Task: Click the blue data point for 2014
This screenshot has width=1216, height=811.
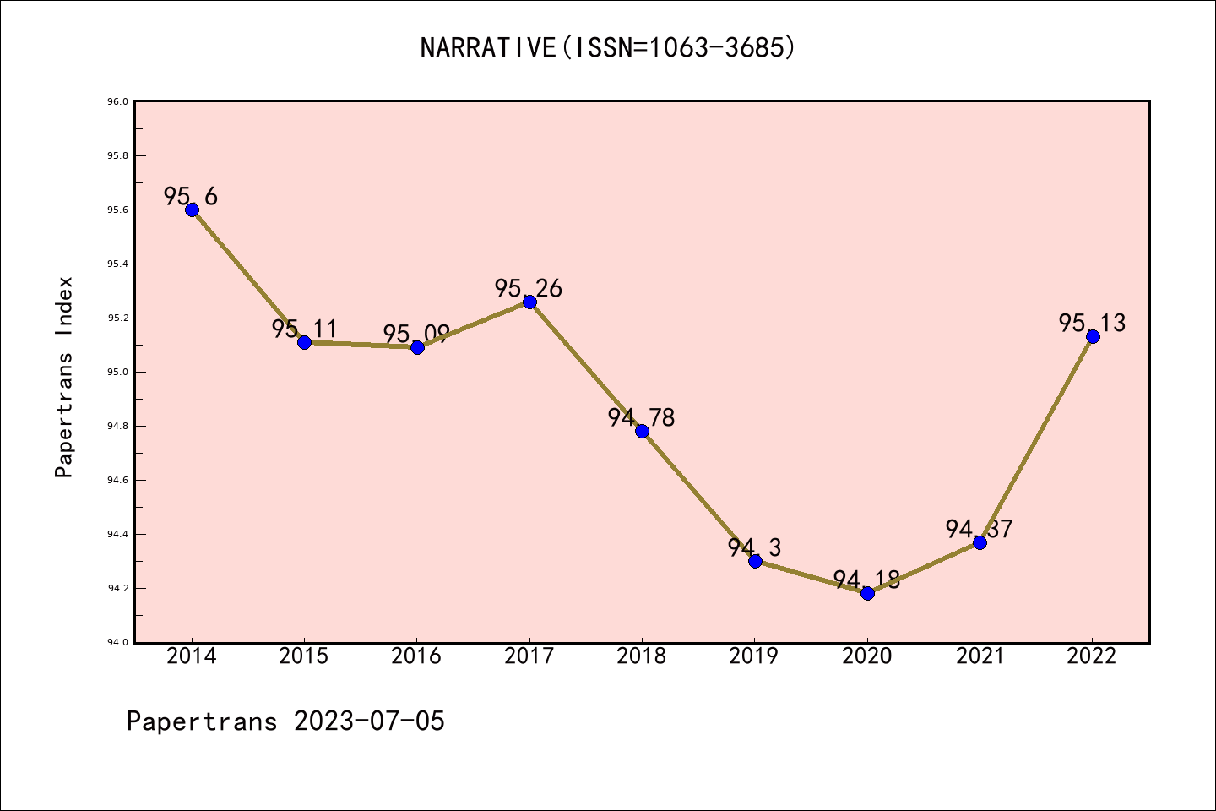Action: (192, 210)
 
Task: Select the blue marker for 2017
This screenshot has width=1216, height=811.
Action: (529, 302)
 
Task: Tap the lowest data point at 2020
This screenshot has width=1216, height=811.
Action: (867, 593)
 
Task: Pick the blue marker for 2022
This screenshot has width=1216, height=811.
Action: (1093, 336)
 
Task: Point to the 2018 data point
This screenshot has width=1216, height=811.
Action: (642, 431)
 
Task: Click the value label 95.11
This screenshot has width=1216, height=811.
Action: (304, 329)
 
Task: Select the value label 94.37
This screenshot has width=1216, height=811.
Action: (979, 529)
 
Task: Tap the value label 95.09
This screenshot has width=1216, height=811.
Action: (416, 334)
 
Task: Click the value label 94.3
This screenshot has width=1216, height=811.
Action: (754, 547)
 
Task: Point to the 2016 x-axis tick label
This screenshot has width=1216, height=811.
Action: (416, 656)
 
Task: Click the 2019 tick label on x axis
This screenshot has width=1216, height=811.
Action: (754, 656)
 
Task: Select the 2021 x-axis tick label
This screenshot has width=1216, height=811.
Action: (980, 656)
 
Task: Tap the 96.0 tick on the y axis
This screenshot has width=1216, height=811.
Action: (117, 102)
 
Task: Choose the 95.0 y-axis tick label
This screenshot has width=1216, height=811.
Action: (117, 373)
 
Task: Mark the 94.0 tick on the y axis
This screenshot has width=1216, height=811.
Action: (117, 643)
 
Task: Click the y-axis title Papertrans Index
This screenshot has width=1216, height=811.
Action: (64, 377)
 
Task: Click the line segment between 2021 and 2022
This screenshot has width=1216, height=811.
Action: (1036, 439)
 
